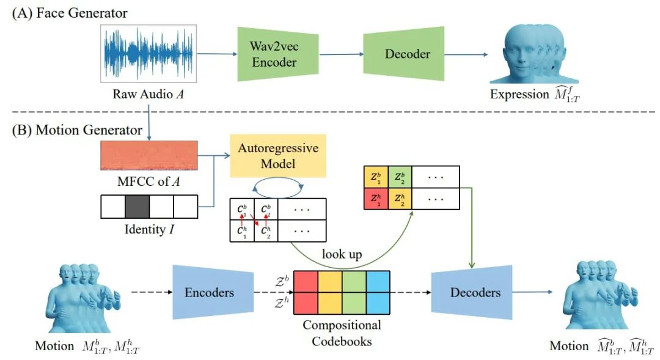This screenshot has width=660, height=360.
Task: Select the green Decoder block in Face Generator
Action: point(406,54)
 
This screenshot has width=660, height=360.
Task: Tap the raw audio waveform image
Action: point(148,54)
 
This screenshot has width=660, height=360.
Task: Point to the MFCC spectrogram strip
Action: point(149,156)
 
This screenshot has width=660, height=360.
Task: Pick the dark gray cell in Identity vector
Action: point(137,207)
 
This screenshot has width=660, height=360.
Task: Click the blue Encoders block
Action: point(209,292)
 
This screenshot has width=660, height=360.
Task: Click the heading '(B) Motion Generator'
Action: point(75,130)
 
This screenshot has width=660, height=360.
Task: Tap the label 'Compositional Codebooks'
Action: point(342,332)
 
